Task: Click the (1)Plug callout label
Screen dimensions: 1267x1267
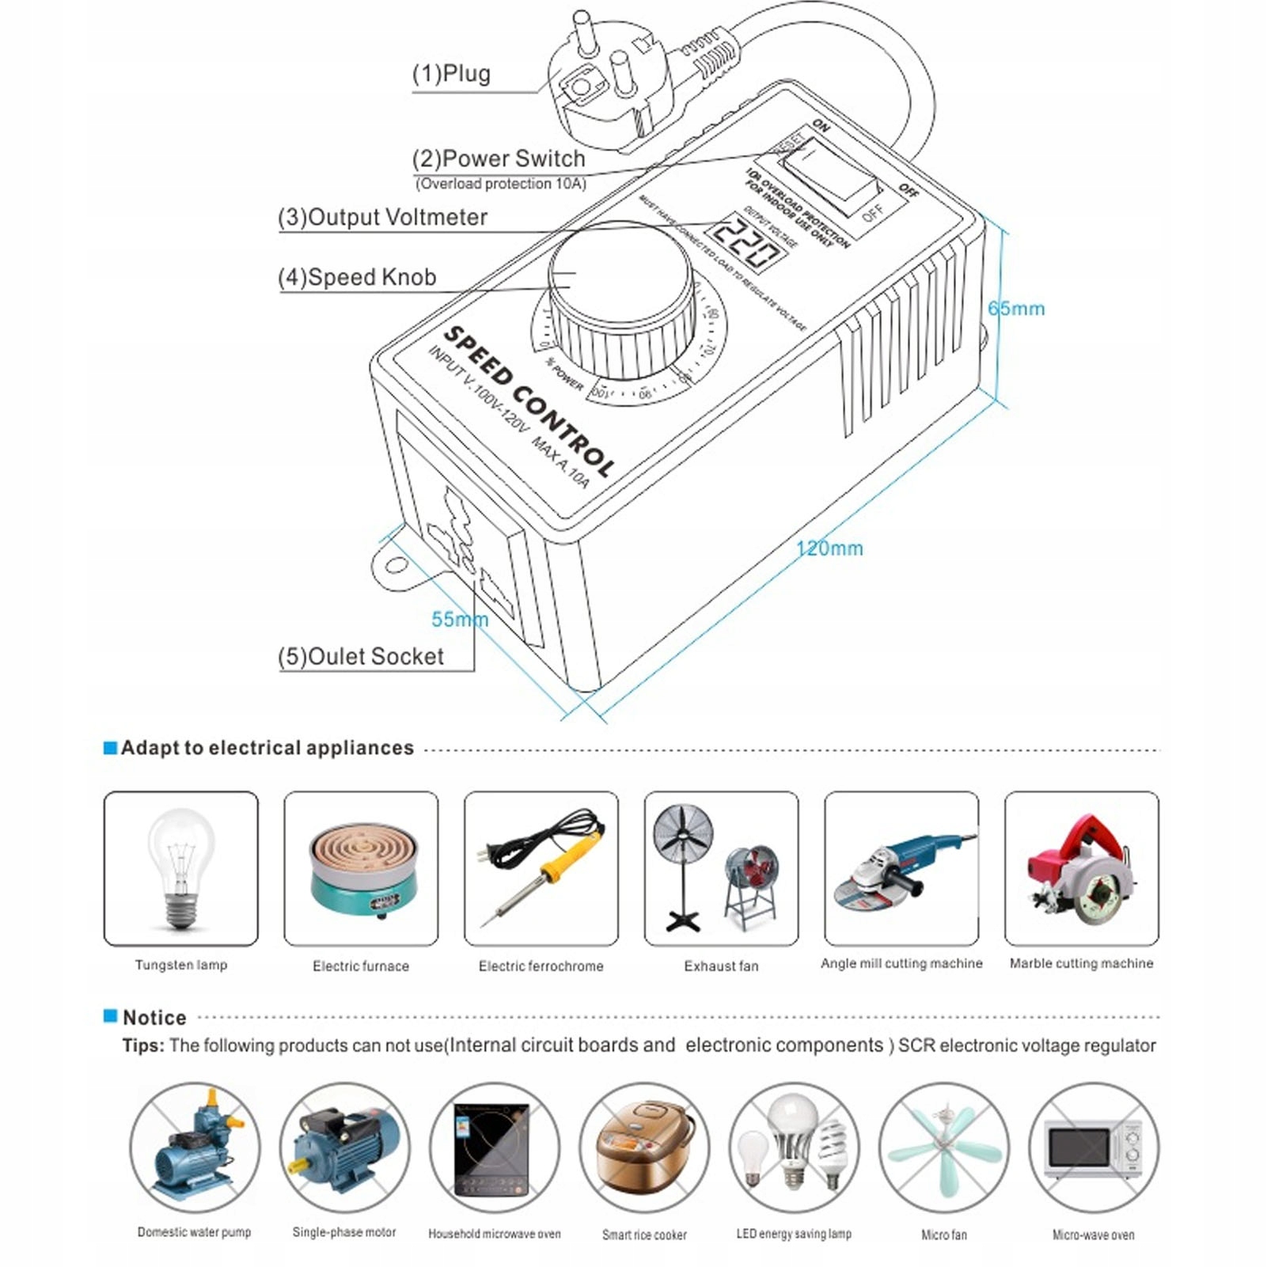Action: (451, 74)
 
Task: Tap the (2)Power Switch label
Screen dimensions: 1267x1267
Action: (499, 158)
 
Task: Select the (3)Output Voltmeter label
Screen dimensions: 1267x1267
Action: (382, 217)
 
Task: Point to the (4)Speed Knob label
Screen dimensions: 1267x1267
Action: (357, 277)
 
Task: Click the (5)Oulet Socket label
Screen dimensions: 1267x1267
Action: (361, 656)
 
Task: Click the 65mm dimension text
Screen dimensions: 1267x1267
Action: (1017, 309)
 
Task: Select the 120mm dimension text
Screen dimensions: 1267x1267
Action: (829, 548)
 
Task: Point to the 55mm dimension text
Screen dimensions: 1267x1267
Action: (459, 619)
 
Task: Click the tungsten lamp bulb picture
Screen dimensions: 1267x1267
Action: (181, 867)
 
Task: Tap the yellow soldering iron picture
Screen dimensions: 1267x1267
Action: (541, 867)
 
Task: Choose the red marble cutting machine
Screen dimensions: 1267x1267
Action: (1081, 869)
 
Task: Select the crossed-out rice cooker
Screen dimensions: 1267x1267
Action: (644, 1148)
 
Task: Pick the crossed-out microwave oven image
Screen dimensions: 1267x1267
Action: (1094, 1148)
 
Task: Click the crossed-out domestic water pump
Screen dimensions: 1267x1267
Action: (195, 1148)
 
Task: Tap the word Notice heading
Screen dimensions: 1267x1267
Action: (154, 1018)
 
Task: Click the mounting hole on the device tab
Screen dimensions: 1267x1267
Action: (396, 566)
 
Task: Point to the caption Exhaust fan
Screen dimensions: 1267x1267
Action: (721, 966)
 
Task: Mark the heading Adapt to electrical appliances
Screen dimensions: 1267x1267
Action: (267, 748)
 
